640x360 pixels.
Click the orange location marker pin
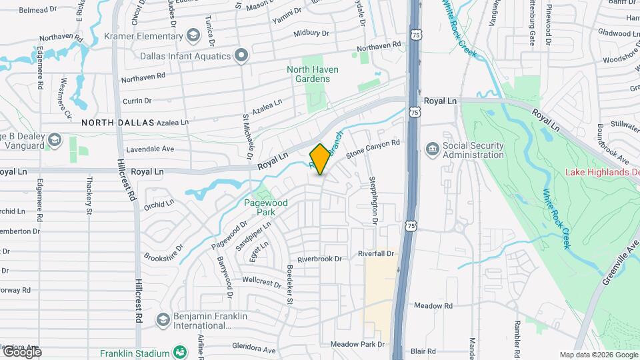(321, 159)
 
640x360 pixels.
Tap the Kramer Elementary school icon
(193, 35)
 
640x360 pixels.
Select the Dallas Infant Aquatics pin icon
(241, 56)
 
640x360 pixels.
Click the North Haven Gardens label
(312, 74)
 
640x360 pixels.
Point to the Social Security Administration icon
(432, 147)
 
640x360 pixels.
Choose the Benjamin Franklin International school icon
(163, 320)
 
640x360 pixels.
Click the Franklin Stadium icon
(179, 352)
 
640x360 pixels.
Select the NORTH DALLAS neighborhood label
(118, 123)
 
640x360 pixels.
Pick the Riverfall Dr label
(377, 254)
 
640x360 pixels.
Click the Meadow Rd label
(433, 306)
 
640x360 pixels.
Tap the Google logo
(21, 351)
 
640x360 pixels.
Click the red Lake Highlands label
(602, 172)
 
